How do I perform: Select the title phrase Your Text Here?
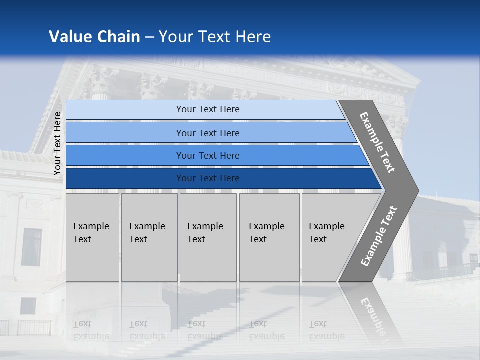click(x=215, y=37)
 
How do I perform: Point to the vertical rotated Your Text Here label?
click(x=57, y=143)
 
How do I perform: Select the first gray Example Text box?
click(x=92, y=237)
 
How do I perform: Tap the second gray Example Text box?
click(x=149, y=237)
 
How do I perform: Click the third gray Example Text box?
click(x=208, y=237)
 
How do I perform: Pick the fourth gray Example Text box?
click(x=269, y=237)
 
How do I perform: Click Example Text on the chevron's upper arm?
click(x=377, y=142)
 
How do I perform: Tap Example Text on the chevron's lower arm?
click(x=378, y=236)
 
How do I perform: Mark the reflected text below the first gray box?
click(x=91, y=330)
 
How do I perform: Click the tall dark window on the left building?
click(x=32, y=247)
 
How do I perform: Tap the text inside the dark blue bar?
click(x=208, y=178)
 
